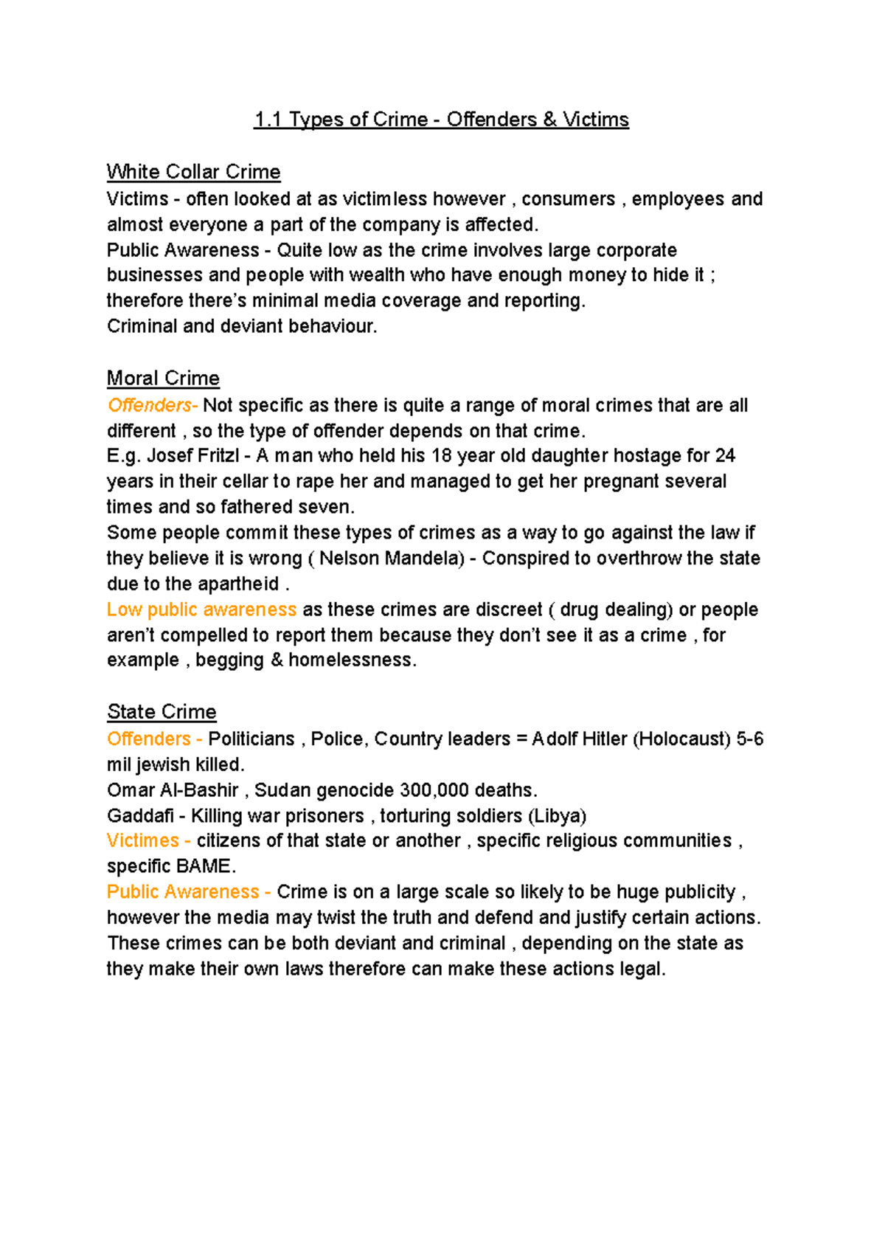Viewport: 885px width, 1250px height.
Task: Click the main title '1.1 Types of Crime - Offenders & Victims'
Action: [x=441, y=120]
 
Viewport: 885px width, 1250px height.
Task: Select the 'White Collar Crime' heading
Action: [x=193, y=172]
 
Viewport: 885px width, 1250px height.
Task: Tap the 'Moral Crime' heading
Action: [x=163, y=379]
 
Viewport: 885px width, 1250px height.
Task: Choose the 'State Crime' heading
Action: [x=162, y=712]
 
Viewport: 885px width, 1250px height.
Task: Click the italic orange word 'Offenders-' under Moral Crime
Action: [x=152, y=405]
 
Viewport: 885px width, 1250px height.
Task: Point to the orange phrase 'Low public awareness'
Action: [x=201, y=610]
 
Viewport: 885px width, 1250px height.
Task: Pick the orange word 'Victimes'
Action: [x=143, y=840]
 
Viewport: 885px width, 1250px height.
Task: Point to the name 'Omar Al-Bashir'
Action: [x=173, y=790]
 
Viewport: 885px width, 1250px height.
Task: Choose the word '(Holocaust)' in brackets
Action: [x=681, y=739]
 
